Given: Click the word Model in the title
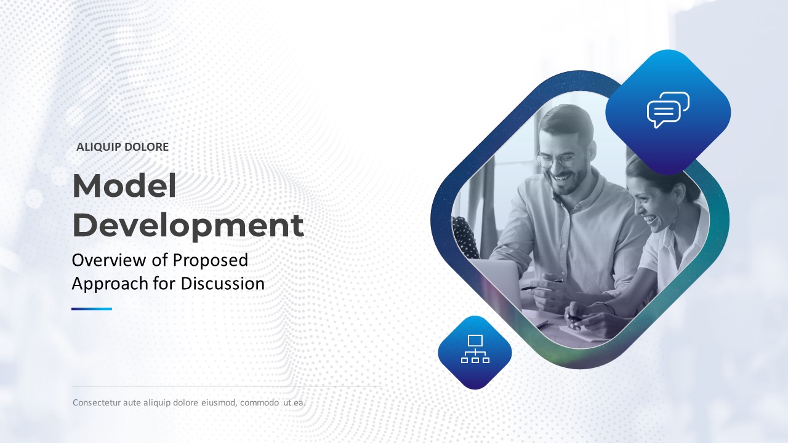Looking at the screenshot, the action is pos(124,186).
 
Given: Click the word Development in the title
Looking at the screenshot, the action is pos(188,225).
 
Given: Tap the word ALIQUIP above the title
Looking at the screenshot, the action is pos(98,147).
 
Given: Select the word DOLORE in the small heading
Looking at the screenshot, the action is pos(147,147).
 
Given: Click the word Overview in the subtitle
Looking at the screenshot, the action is pos(109,260).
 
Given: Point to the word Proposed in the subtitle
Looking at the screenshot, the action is pos(211,261).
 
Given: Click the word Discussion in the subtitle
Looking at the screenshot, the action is pos(223,284).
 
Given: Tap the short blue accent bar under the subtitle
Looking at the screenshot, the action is pos(92,309).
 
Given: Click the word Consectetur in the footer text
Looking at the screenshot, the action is pos(97,402).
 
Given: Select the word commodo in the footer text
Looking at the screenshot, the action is pos(260,403).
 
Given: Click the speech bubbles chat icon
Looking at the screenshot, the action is pos(668,110).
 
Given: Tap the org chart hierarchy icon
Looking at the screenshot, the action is pos(475,349).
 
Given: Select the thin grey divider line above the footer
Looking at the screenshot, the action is pos(227,386).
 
